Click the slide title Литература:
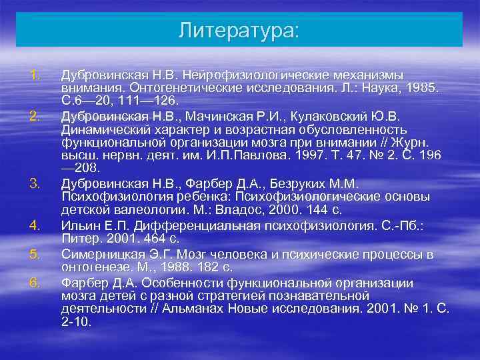point(239,31)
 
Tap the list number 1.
point(37,75)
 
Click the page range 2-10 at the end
point(76,321)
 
